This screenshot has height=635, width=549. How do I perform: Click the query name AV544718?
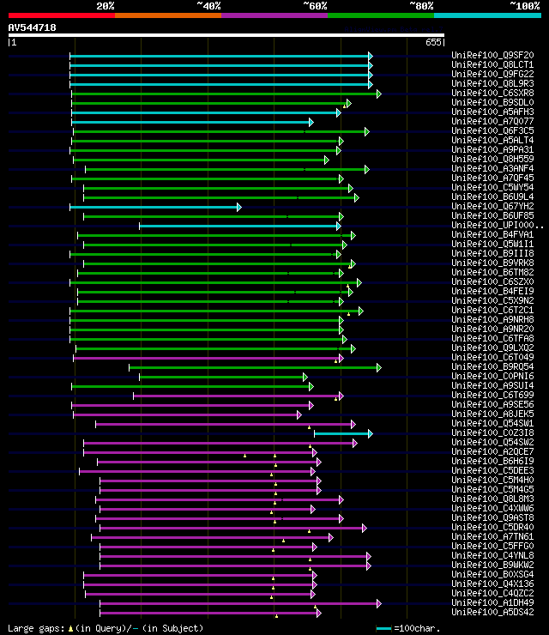click(x=33, y=27)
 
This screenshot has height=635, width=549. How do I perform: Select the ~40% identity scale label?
click(x=208, y=5)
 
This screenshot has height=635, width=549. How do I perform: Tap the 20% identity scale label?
click(x=106, y=5)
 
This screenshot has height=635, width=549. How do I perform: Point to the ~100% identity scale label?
click(x=524, y=5)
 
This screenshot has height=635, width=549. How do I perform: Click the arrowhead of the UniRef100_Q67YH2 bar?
click(x=238, y=207)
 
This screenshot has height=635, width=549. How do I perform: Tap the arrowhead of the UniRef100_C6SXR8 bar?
click(x=378, y=94)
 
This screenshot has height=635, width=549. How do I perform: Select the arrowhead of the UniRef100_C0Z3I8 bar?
click(x=370, y=433)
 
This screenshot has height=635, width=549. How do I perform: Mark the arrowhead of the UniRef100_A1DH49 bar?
click(x=378, y=603)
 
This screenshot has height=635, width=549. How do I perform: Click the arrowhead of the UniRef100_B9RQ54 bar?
click(x=378, y=367)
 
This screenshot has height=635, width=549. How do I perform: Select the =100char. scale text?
click(x=418, y=628)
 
